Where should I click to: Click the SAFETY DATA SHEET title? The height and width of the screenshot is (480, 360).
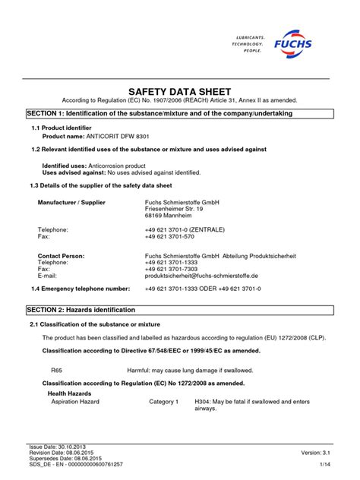tap(179, 89)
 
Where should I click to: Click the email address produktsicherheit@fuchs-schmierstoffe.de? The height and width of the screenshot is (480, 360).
tap(201, 276)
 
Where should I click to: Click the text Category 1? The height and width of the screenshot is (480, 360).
tap(163, 401)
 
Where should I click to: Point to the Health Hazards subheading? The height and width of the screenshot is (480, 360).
tap(69, 393)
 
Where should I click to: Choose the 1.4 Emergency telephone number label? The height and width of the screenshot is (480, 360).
tap(81, 289)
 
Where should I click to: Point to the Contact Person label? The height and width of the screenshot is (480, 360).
tap(61, 256)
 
